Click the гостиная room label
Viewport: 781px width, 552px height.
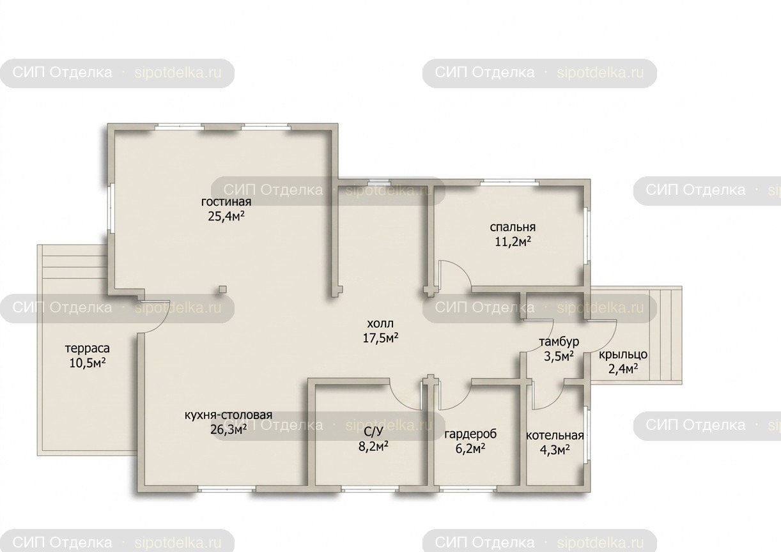[226, 202]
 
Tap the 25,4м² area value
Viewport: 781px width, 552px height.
[226, 217]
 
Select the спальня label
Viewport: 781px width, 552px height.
[513, 227]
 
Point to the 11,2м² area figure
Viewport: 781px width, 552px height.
[513, 241]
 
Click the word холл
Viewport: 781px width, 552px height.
[380, 323]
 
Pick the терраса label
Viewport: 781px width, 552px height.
[87, 348]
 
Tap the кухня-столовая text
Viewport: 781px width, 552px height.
[228, 415]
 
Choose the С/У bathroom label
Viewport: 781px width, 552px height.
[373, 432]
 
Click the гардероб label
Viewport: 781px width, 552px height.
[470, 434]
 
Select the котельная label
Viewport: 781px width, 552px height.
[555, 436]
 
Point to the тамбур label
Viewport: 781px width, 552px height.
[559, 342]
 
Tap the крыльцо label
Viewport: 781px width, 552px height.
[623, 355]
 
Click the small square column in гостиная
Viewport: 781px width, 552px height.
[222, 289]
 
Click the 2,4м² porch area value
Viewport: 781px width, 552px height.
[623, 369]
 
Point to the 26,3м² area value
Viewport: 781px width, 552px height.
[228, 429]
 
